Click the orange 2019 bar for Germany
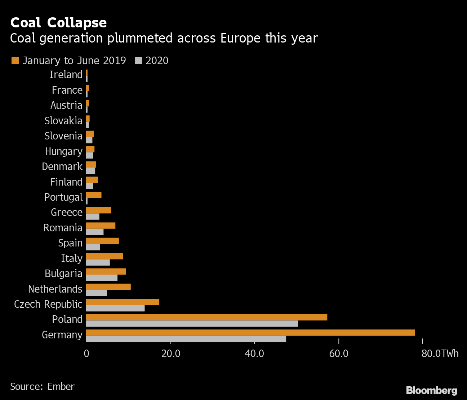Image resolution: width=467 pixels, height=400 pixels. tap(250, 333)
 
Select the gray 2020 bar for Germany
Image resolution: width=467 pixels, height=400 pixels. tap(186, 339)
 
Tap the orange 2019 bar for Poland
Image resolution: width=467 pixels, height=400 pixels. tap(206, 317)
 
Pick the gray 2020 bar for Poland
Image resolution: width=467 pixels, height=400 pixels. tap(192, 324)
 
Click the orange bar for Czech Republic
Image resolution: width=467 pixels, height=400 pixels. tap(123, 302)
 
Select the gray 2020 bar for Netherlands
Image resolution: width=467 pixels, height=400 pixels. tap(97, 293)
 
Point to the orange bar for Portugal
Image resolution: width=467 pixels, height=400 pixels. tap(94, 195)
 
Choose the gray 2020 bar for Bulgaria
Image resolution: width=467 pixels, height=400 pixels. tap(102, 278)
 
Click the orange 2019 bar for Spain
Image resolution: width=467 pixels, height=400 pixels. tap(102, 241)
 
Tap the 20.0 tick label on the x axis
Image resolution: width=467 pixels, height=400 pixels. tap(171, 354)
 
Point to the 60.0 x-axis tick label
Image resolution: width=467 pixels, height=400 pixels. tap(339, 354)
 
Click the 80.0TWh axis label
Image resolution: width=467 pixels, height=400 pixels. tap(440, 354)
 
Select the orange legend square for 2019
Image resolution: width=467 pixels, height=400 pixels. tap(15, 61)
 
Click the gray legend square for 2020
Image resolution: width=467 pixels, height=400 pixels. tap(138, 61)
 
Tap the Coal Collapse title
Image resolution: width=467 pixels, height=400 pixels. tap(58, 23)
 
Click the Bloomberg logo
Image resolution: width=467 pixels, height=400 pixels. tap(431, 390)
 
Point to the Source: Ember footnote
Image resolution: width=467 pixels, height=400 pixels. tap(42, 387)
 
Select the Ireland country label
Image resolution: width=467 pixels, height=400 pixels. tap(66, 75)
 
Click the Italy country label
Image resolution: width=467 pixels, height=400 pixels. tap(72, 258)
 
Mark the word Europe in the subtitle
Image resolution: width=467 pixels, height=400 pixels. tap(240, 38)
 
